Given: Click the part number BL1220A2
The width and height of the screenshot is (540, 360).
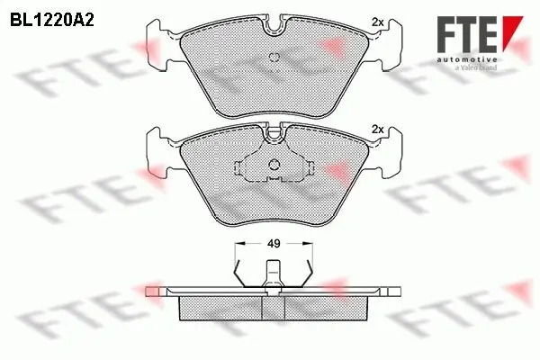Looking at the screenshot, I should click(x=53, y=17).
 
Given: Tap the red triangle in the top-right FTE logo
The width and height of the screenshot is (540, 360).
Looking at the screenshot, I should click(x=510, y=32).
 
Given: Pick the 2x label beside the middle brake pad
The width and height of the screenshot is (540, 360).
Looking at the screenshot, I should click(x=377, y=130).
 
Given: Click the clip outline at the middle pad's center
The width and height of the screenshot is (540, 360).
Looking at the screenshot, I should click(x=273, y=167).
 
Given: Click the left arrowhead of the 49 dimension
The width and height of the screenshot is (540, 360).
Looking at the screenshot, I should click(x=238, y=243).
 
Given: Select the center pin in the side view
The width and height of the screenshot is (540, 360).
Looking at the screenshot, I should click(x=273, y=274).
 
